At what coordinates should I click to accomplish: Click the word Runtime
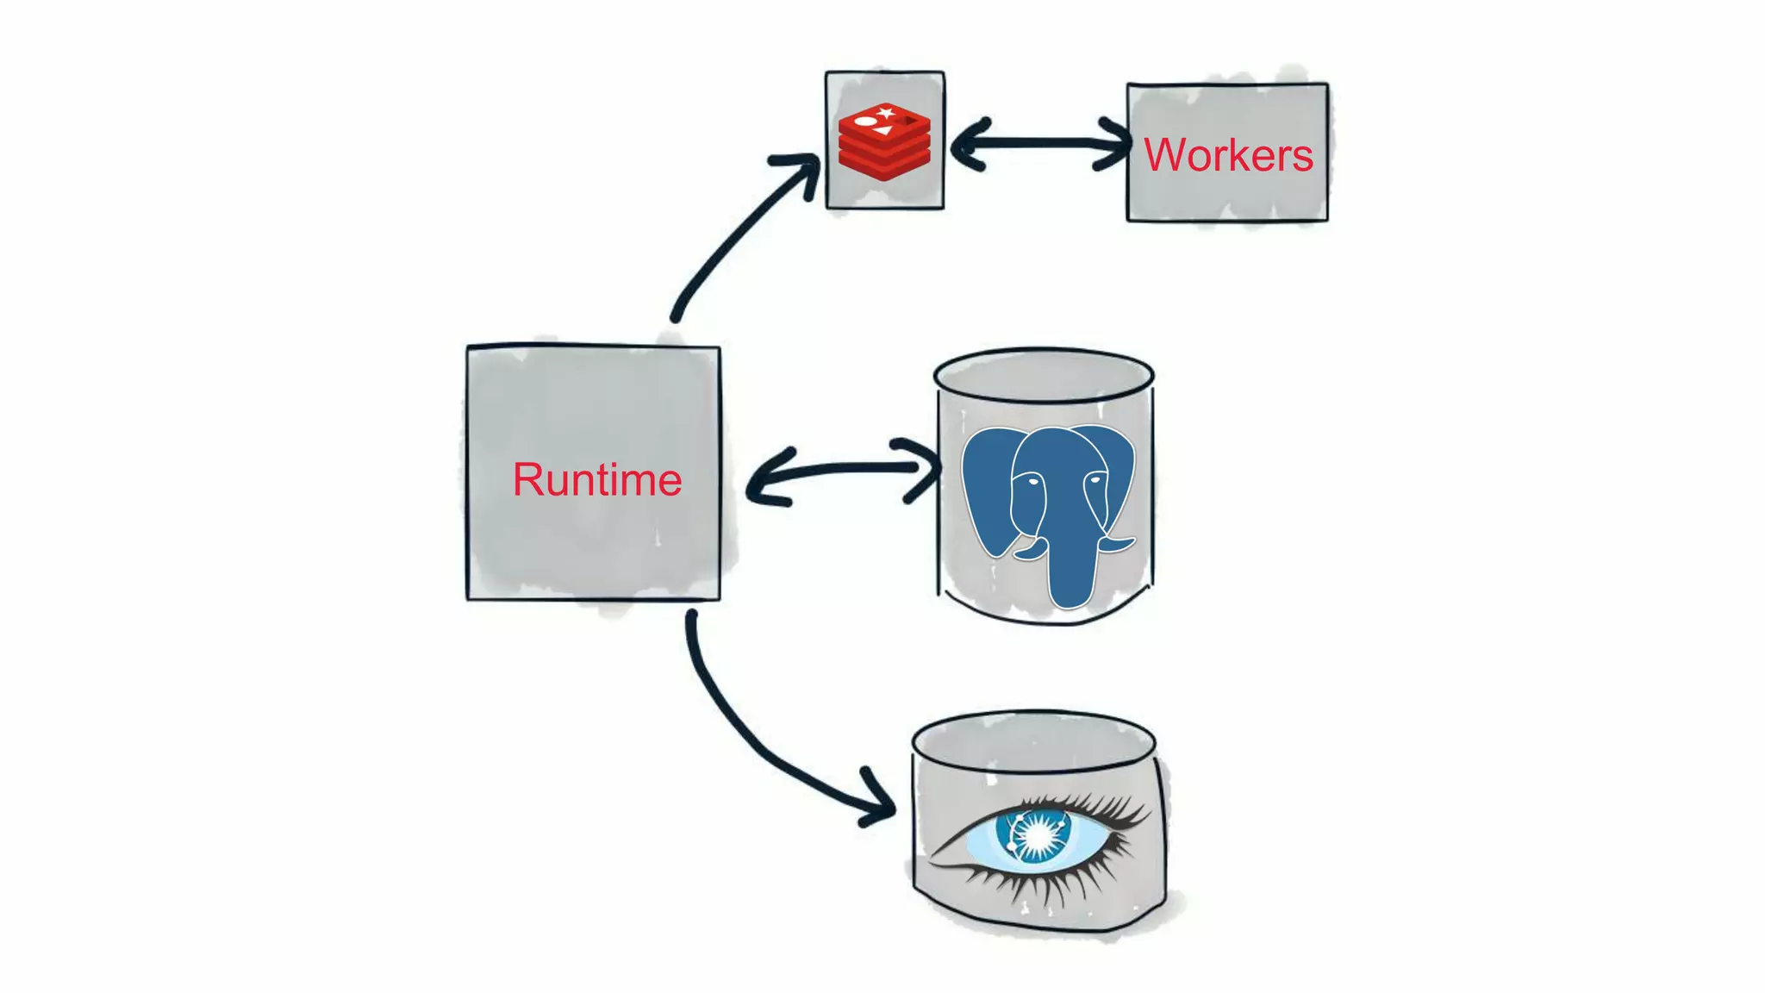point(596,480)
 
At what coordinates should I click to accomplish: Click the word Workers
point(1227,155)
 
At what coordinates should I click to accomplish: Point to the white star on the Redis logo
point(886,113)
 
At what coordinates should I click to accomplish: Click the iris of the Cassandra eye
point(1032,834)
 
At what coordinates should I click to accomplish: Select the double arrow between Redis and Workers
point(1040,143)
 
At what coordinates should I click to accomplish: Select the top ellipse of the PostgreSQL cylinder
point(1044,375)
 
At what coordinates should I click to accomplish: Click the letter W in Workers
point(1165,155)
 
